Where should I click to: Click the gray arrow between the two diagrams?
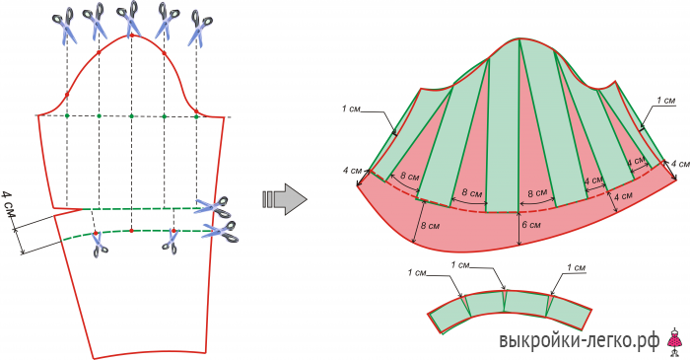(285, 199)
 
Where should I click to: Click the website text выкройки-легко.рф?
(580, 340)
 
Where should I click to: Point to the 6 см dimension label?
(530, 225)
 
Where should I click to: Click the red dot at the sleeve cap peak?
(131, 35)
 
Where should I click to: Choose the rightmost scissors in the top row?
(199, 29)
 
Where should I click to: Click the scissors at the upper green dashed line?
(214, 207)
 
